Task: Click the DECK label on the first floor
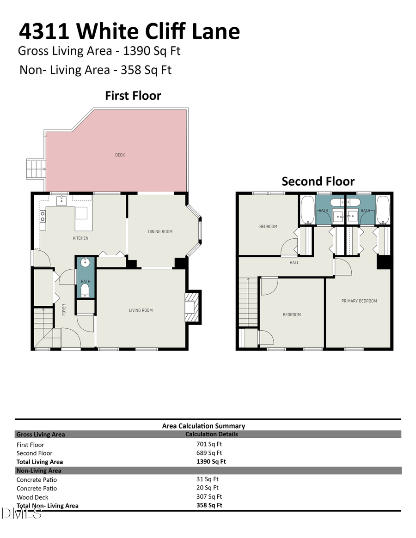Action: point(120,155)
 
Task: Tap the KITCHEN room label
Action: point(80,238)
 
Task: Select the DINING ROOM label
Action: point(160,231)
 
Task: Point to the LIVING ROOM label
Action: point(141,310)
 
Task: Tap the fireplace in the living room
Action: point(190,307)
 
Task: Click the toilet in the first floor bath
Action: point(85,290)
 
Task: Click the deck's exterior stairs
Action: point(35,169)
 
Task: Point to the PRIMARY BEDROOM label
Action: point(359,301)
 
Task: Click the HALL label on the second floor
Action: point(294,263)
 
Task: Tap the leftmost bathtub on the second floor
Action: point(307,210)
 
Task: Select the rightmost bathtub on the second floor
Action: point(383,210)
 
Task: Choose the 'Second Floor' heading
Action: point(318,181)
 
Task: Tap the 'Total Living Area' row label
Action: point(40,462)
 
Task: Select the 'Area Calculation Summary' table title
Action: point(203,426)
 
